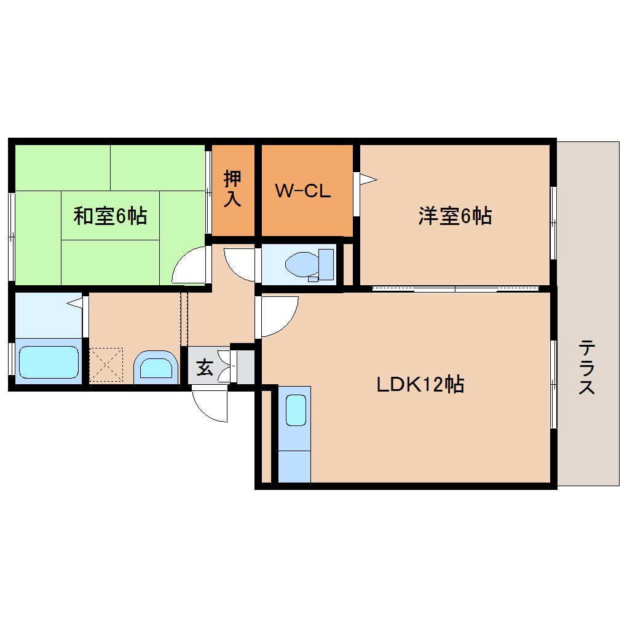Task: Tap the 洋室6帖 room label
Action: (455, 216)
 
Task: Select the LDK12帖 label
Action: (420, 384)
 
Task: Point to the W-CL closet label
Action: (303, 191)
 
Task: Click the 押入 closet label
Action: (232, 189)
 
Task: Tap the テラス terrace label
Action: (586, 367)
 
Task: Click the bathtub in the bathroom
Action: (49, 361)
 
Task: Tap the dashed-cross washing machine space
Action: (106, 365)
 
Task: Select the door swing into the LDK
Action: (278, 316)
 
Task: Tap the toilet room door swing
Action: (240, 263)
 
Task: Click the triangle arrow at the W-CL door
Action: (367, 179)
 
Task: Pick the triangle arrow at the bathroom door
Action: (74, 302)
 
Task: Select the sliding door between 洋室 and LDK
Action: (455, 288)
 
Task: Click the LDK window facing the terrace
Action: (553, 384)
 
